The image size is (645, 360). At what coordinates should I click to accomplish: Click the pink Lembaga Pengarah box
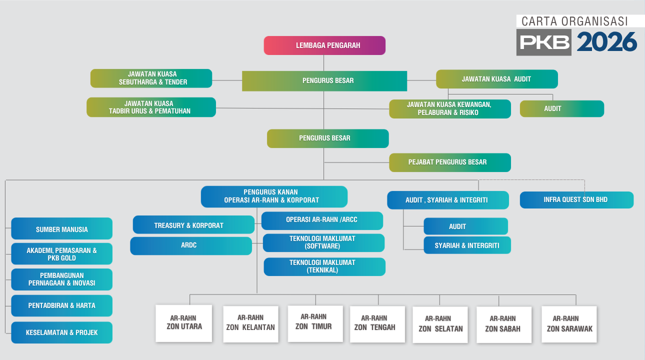324,45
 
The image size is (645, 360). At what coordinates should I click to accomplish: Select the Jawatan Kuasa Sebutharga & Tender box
151,78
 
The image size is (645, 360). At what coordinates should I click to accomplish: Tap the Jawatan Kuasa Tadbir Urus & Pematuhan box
151,107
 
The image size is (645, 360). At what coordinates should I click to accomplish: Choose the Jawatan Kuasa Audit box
496,79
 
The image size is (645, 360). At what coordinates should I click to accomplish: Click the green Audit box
562,108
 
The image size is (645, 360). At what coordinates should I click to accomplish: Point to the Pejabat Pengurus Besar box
450,162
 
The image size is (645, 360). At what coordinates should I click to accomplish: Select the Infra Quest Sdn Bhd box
576,200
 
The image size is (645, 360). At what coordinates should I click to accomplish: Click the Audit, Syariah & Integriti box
448,200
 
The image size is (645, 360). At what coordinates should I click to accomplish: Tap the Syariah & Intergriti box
467,245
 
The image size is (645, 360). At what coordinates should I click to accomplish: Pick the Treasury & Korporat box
193,224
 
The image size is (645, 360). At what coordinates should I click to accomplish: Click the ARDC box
191,245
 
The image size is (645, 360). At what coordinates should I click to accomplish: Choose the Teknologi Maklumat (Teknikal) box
324,266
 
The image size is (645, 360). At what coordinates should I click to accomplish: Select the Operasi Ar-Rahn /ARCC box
322,220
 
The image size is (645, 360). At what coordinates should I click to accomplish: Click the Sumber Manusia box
61,228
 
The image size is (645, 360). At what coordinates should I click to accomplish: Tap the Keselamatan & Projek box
61,332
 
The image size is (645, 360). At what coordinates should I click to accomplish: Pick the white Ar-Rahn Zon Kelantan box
250,324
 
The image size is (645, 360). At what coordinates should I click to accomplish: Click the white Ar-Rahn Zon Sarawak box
569,324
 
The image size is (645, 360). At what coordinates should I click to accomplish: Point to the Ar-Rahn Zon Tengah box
377,324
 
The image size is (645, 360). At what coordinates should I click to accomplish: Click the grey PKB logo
543,42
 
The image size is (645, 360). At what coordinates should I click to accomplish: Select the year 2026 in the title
607,42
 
